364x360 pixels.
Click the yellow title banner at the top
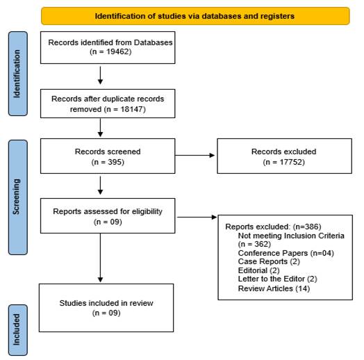[195, 16]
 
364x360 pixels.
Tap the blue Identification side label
[18, 74]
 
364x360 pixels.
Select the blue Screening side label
[18, 197]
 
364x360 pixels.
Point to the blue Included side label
[18, 330]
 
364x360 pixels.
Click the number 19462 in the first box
[117, 51]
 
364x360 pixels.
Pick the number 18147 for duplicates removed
[131, 109]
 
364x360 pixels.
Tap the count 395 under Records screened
[115, 162]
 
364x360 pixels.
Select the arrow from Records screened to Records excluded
[195, 155]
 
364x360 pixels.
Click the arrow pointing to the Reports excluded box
[197, 217]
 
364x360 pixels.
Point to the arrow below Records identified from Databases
[100, 76]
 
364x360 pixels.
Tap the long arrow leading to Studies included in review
[100, 258]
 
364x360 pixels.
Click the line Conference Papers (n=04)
[286, 253]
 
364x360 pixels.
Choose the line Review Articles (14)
[274, 288]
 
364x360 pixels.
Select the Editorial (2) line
[258, 270]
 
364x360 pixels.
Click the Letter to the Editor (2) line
[277, 279]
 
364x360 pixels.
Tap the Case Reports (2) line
[269, 261]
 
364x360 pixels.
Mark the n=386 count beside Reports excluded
[307, 227]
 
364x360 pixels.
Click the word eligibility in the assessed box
[147, 211]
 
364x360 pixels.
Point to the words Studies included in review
[106, 303]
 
